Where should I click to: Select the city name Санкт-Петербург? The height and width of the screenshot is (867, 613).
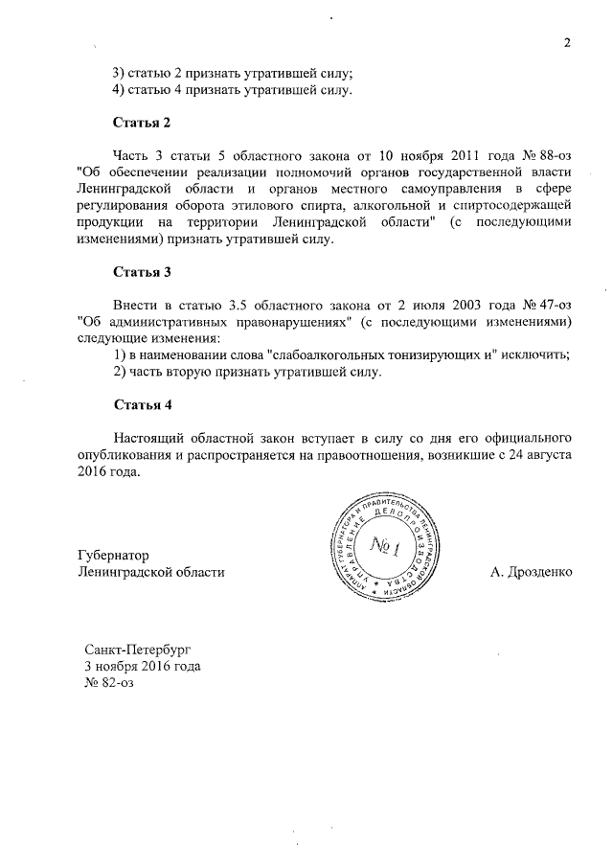pyautogui.click(x=138, y=649)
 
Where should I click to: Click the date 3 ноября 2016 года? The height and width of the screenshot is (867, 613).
pyautogui.click(x=143, y=666)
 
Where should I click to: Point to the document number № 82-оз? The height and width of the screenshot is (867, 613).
pyautogui.click(x=113, y=683)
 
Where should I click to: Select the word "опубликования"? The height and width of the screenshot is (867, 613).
pyautogui.click(x=109, y=455)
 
